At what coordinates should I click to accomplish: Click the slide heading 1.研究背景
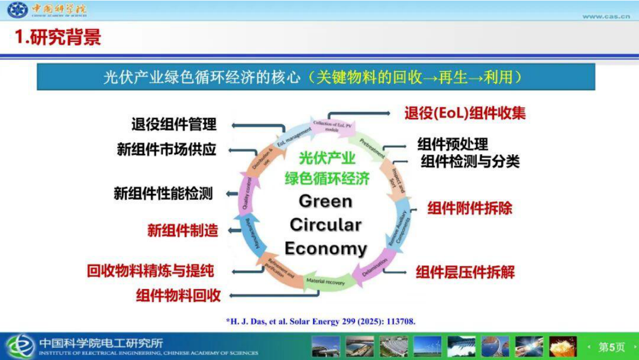coord(58,37)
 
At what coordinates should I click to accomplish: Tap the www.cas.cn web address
coord(606,16)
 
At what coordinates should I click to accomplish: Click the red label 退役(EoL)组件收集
coord(464,113)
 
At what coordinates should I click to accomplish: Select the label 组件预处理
coord(453,144)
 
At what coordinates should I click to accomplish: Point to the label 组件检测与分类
coord(470,161)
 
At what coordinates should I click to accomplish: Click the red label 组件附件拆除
coord(469,208)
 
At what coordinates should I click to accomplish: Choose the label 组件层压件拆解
coord(465,272)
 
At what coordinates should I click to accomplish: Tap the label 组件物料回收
coord(178,295)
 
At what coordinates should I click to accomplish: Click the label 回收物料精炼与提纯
coord(150,271)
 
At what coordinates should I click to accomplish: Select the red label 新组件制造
coord(183,231)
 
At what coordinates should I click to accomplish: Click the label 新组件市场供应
coord(166,149)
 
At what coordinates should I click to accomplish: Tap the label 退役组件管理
coord(174,125)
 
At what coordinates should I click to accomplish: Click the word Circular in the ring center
coord(325,225)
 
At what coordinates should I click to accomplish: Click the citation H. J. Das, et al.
coord(321,321)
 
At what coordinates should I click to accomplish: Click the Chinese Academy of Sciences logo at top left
coord(18,10)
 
